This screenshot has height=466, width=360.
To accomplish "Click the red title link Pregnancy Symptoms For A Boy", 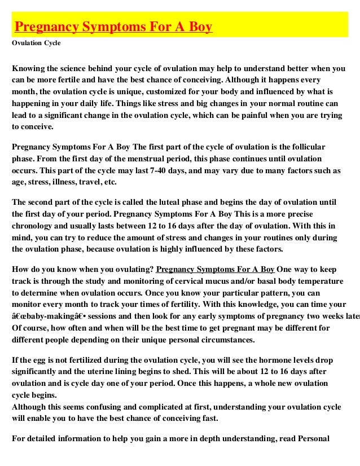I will [113, 27].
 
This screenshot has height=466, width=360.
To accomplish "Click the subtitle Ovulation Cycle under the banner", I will [36, 42].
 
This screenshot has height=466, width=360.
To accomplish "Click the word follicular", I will [304, 147].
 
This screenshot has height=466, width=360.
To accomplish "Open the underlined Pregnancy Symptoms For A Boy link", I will [216, 269].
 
